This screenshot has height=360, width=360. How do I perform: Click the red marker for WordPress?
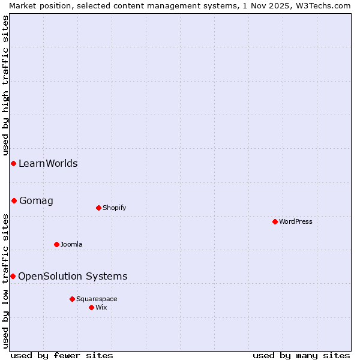[x=275, y=221]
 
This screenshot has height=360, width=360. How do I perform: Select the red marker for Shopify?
[x=98, y=208]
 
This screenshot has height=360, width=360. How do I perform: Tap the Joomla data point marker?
[x=56, y=244]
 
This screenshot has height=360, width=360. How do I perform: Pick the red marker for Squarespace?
[x=72, y=299]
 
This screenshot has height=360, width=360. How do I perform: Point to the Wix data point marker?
[x=91, y=307]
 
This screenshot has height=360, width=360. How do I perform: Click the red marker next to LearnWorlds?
[x=13, y=163]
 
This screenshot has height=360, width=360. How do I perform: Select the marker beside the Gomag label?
[x=14, y=200]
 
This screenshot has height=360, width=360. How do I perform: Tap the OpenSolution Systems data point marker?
[x=13, y=276]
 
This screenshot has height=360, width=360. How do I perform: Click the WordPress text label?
[x=296, y=221]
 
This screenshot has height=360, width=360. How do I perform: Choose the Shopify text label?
[x=115, y=208]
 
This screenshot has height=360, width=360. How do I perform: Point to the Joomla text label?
[x=71, y=244]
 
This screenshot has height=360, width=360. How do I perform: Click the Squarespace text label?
[x=97, y=299]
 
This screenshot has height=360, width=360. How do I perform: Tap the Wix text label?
[x=101, y=307]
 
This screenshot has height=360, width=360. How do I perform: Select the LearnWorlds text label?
[x=48, y=163]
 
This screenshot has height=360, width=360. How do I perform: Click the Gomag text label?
[x=36, y=200]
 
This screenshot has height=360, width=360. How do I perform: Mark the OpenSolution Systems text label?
[x=73, y=276]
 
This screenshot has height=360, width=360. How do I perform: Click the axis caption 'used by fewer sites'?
[x=62, y=355]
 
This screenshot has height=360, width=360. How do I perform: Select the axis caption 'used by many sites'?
[x=301, y=355]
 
